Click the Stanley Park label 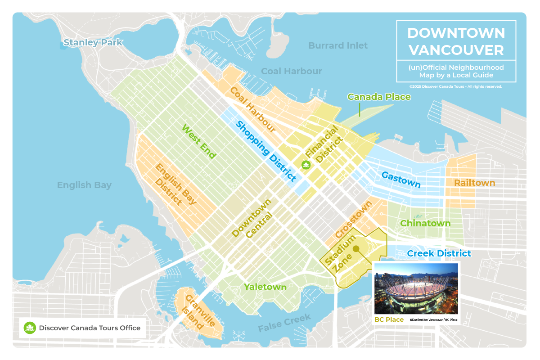point(93,43)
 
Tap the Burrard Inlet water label point(338,45)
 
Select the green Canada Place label point(379,97)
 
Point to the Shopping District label point(265,151)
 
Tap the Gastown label point(401,179)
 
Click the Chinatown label point(425,224)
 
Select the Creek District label point(439,254)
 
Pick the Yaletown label point(265,287)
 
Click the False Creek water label point(284,324)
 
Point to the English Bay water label point(84,185)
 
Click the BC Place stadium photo point(416,288)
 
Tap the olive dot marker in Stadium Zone point(355,248)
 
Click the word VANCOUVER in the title point(456,49)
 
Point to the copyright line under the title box point(455,86)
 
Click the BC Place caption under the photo point(389,319)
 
